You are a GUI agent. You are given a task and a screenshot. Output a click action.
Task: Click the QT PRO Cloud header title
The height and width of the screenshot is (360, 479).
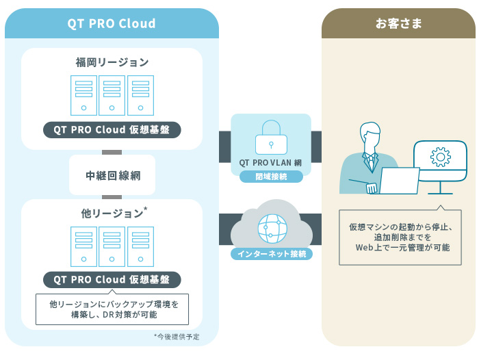(112, 23)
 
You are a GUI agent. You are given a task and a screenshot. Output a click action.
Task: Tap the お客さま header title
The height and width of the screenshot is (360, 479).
(398, 23)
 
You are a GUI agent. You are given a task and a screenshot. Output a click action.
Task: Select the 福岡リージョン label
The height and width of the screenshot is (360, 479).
(112, 62)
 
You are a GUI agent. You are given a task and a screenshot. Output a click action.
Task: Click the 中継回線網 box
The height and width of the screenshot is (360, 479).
(112, 175)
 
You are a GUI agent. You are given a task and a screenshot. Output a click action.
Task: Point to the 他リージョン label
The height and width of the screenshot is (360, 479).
(109, 214)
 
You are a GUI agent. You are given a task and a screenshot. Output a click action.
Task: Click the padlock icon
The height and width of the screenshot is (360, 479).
(270, 138)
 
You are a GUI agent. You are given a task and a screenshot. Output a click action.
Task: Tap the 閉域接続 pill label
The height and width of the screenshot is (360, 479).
(271, 177)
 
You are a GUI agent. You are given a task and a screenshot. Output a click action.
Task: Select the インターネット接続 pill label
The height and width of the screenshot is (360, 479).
(271, 254)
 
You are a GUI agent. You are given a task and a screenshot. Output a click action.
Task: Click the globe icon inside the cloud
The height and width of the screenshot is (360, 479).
(270, 228)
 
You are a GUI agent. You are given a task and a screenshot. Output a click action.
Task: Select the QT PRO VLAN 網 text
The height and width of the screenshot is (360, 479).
(271, 163)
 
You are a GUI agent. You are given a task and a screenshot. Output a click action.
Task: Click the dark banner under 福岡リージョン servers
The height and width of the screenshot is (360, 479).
(112, 129)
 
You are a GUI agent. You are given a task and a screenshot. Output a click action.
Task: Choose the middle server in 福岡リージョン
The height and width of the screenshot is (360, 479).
(112, 95)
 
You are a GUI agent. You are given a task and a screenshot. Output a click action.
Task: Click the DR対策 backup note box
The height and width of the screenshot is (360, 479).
(112, 309)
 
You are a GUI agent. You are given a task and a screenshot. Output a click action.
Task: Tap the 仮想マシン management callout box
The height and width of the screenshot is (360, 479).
(400, 236)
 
